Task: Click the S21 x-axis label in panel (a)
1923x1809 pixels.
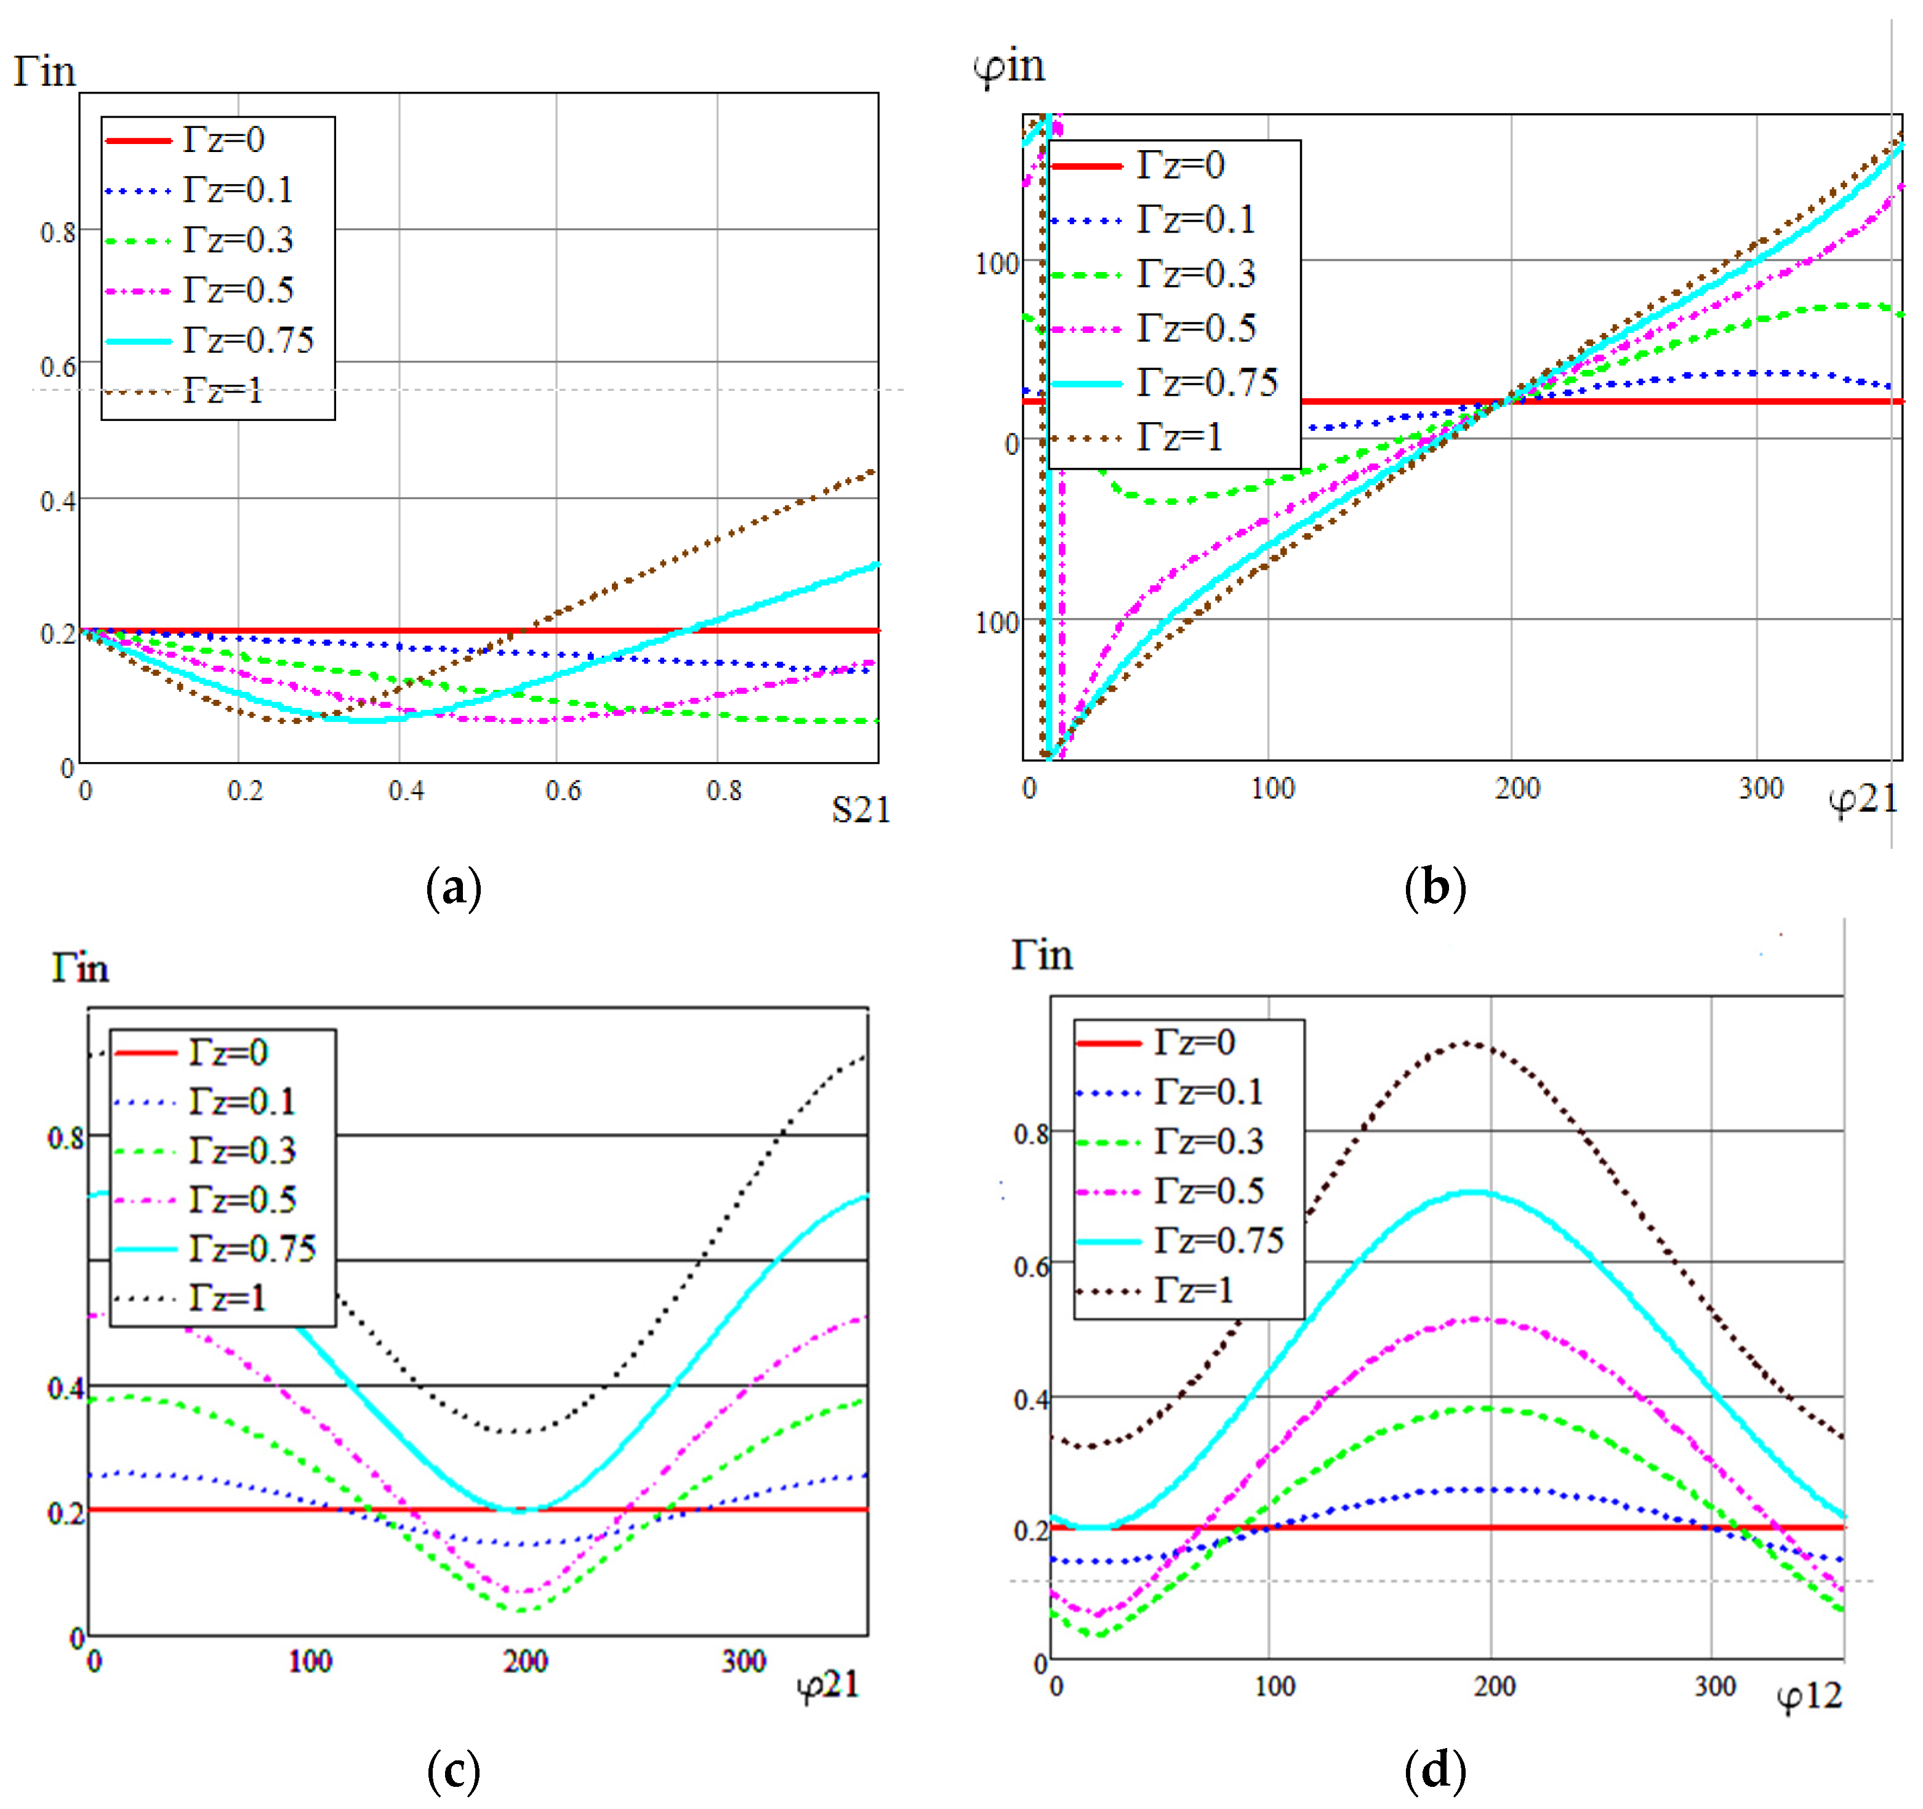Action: pyautogui.click(x=860, y=809)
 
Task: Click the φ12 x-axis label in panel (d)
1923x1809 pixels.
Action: pyautogui.click(x=1809, y=1695)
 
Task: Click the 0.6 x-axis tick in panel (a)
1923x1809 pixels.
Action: pyautogui.click(x=563, y=792)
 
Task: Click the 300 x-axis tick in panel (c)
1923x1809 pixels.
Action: pyautogui.click(x=743, y=1661)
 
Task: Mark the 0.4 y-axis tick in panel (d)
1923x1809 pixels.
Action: pyautogui.click(x=1031, y=1400)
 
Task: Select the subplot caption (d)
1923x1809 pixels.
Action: pyautogui.click(x=1434, y=1770)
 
